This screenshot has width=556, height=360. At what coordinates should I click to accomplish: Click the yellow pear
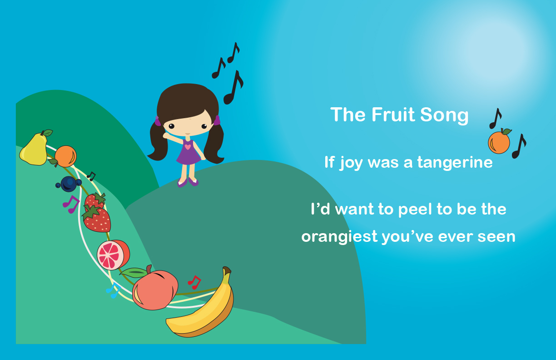(34, 149)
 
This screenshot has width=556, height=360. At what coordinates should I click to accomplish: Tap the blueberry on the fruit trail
(69, 184)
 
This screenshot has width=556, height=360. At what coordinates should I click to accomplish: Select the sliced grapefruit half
(113, 255)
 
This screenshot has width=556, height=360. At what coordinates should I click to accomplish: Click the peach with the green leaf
(153, 290)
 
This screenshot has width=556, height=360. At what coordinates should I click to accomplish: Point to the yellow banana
(204, 310)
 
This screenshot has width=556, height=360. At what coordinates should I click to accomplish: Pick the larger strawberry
(97, 219)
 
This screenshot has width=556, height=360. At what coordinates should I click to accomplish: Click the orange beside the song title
(499, 142)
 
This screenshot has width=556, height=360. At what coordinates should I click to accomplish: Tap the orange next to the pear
(65, 156)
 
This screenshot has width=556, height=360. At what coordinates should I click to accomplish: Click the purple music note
(71, 204)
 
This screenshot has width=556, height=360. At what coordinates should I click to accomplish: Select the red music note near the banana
(194, 282)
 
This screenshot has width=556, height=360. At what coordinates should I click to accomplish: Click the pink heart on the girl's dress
(188, 146)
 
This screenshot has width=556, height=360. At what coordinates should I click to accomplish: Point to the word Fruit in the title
(393, 115)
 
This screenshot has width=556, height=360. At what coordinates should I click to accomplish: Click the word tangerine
(455, 163)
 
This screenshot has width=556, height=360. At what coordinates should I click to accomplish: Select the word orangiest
(340, 237)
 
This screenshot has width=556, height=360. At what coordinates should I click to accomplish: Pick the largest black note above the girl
(233, 87)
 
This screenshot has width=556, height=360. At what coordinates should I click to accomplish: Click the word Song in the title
(444, 115)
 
